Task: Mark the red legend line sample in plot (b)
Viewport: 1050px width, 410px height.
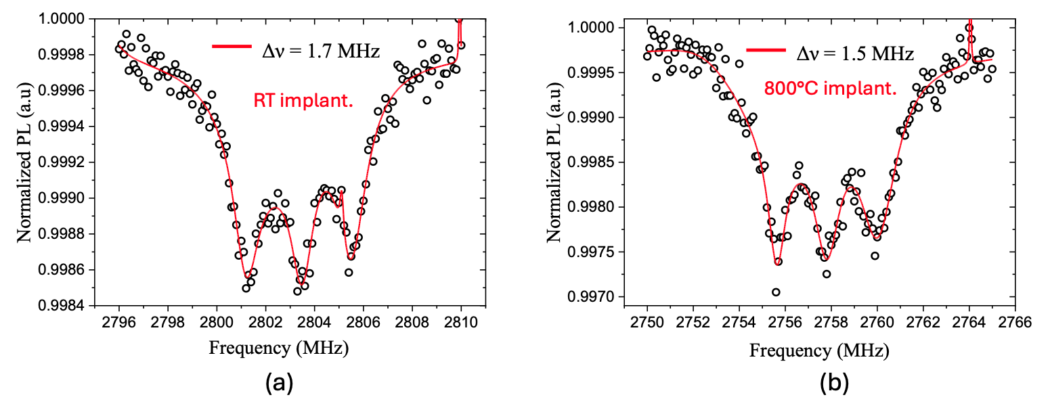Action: point(766,49)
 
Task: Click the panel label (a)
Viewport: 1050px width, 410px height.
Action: point(278,384)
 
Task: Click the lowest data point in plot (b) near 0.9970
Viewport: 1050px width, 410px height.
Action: point(776,292)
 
